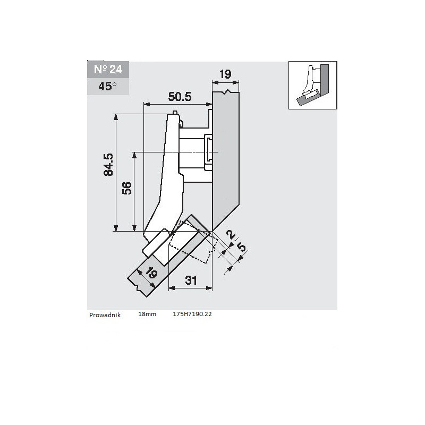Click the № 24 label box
click(107, 70)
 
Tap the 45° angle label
click(107, 86)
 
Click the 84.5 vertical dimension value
click(108, 165)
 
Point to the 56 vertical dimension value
click(127, 189)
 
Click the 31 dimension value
click(191, 280)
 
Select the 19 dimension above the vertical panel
click(225, 74)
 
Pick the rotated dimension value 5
click(242, 247)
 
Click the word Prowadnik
click(106, 314)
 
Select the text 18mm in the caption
click(147, 314)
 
